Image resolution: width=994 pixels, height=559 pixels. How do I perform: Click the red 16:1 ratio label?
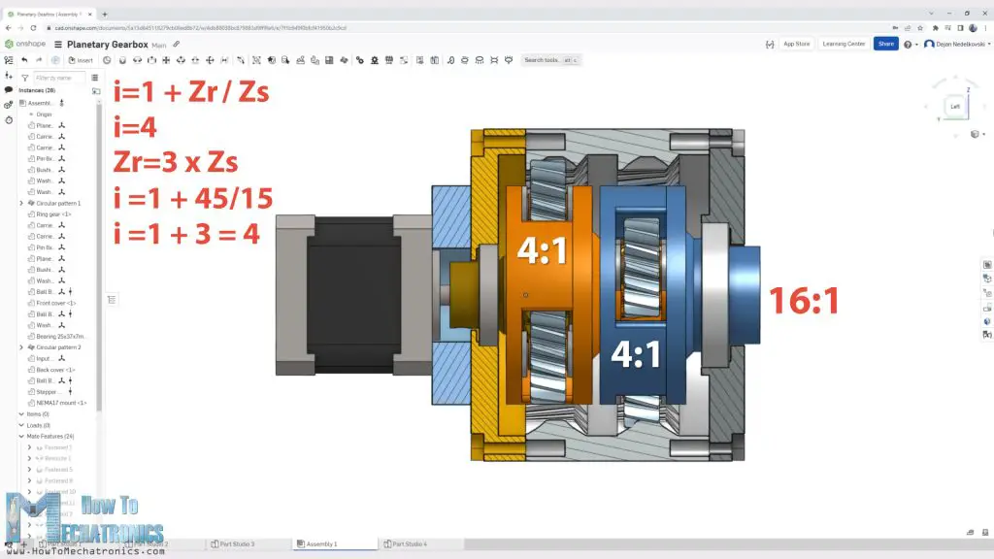pos(804,301)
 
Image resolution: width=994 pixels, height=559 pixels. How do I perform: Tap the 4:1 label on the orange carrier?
pos(545,250)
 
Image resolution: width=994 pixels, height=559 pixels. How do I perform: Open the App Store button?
pos(796,44)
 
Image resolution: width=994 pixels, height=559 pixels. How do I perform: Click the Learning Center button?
pos(843,44)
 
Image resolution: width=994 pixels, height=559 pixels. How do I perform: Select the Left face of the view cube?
pos(955,107)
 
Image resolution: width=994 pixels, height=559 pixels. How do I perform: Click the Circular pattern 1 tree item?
pos(59,203)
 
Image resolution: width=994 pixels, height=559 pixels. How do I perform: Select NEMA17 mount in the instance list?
pos(61,403)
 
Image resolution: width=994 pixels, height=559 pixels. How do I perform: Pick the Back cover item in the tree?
pos(55,370)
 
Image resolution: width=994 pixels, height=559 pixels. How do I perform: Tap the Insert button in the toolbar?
pos(82,60)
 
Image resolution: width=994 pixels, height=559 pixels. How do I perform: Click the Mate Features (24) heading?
pos(53,436)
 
